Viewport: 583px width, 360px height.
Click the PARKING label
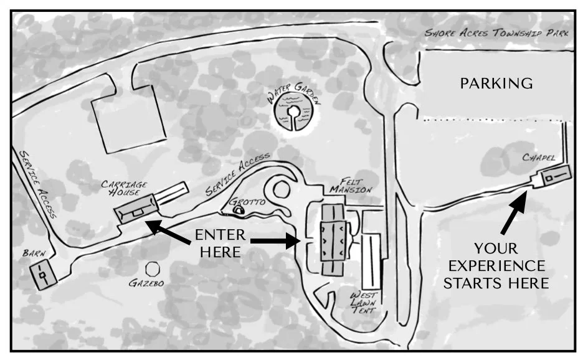(x=496, y=83)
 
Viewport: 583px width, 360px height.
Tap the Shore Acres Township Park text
(x=496, y=33)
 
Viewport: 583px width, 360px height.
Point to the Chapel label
(x=539, y=158)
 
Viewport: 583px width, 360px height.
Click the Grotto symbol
(x=239, y=211)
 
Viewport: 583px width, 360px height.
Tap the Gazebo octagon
(x=151, y=269)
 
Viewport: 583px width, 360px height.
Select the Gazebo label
(x=146, y=283)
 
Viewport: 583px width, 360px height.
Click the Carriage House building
(x=135, y=209)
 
